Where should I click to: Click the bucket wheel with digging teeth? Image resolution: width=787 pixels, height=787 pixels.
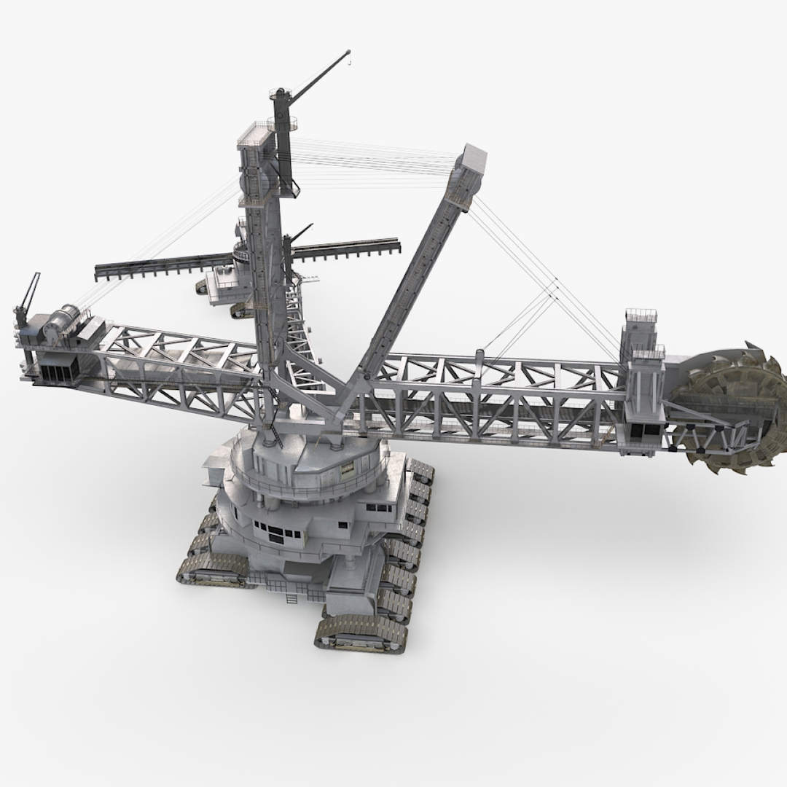[729, 408]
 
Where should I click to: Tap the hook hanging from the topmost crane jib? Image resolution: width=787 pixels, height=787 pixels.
[348, 63]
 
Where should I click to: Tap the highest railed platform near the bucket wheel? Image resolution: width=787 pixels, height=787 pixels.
[641, 316]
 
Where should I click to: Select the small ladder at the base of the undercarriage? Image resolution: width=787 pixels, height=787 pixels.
[292, 598]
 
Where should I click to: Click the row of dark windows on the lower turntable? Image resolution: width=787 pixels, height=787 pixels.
[277, 532]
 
